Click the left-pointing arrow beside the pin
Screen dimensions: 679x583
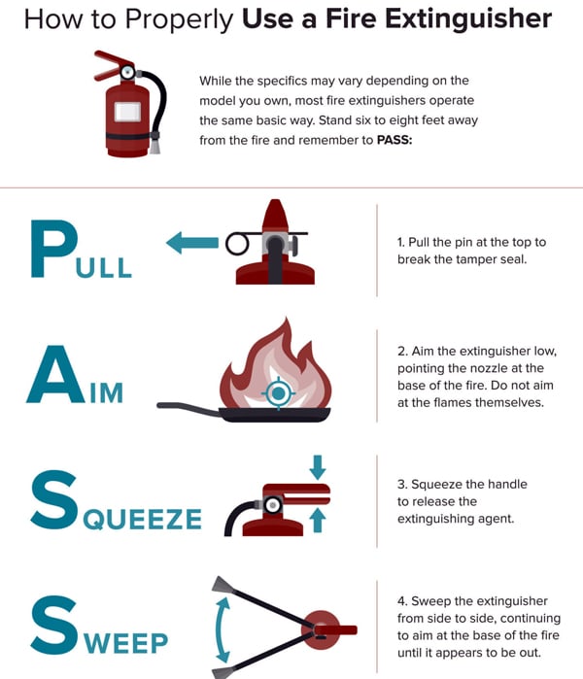click(190, 243)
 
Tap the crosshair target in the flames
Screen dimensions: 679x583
click(279, 392)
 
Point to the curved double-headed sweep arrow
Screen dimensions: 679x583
click(223, 629)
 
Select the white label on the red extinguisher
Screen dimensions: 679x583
click(125, 111)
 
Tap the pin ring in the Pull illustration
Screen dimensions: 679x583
click(237, 244)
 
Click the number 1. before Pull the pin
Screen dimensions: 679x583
click(402, 242)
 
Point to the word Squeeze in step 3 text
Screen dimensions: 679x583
click(435, 484)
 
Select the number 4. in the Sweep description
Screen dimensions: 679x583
click(402, 600)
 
